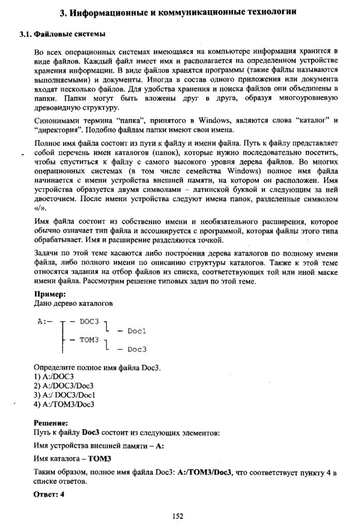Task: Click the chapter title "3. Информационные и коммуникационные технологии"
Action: [x=178, y=11]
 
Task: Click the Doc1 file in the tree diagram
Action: [x=138, y=331]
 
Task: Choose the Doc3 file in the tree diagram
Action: [x=138, y=349]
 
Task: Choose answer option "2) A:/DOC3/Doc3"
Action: [x=63, y=386]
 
